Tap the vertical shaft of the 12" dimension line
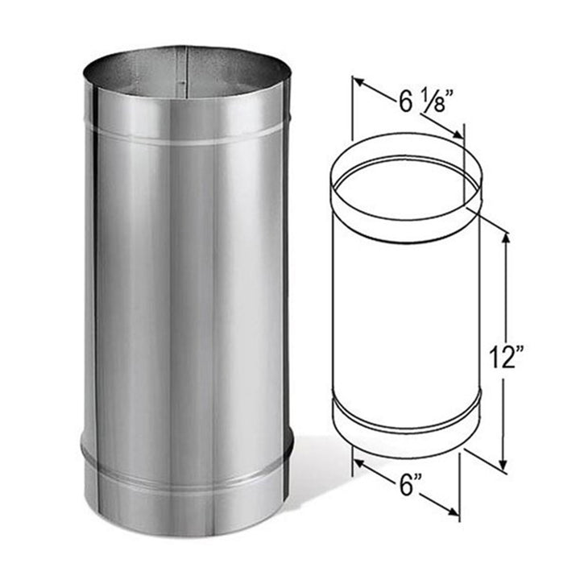[504, 306]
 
